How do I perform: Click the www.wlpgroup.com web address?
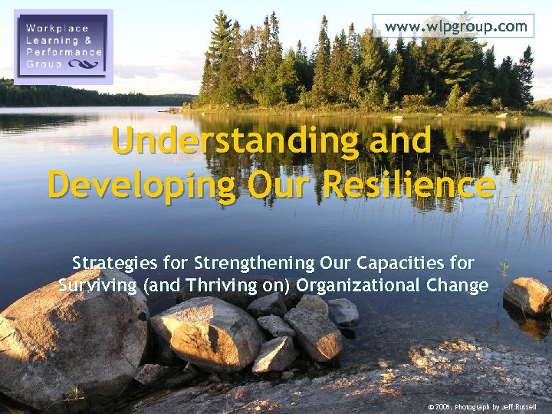(x=456, y=26)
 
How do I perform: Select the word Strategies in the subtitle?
(x=116, y=264)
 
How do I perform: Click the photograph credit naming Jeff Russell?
(x=482, y=406)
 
